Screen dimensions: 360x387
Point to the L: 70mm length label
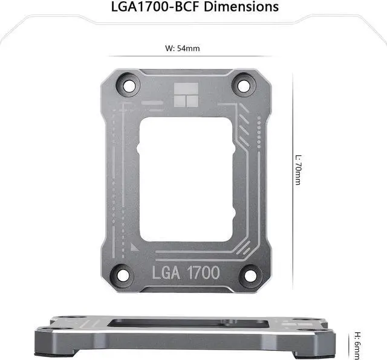(297, 169)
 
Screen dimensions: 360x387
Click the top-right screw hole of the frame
(244, 85)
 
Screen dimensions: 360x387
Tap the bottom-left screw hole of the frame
(123, 275)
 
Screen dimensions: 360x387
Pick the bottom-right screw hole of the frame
(248, 275)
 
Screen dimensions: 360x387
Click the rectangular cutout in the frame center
(184, 179)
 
